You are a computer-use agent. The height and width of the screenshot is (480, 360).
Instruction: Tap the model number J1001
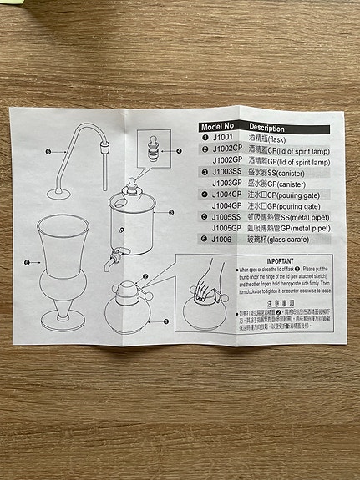tap(222, 139)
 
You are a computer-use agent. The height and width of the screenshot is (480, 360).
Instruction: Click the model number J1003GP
tap(226, 182)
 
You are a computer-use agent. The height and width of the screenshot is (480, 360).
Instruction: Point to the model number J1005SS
tap(226, 215)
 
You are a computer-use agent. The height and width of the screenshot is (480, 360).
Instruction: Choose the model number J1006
tap(222, 238)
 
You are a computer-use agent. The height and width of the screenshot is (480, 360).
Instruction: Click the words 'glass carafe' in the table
tap(288, 238)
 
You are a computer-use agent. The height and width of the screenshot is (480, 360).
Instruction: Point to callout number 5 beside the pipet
tap(48, 151)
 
